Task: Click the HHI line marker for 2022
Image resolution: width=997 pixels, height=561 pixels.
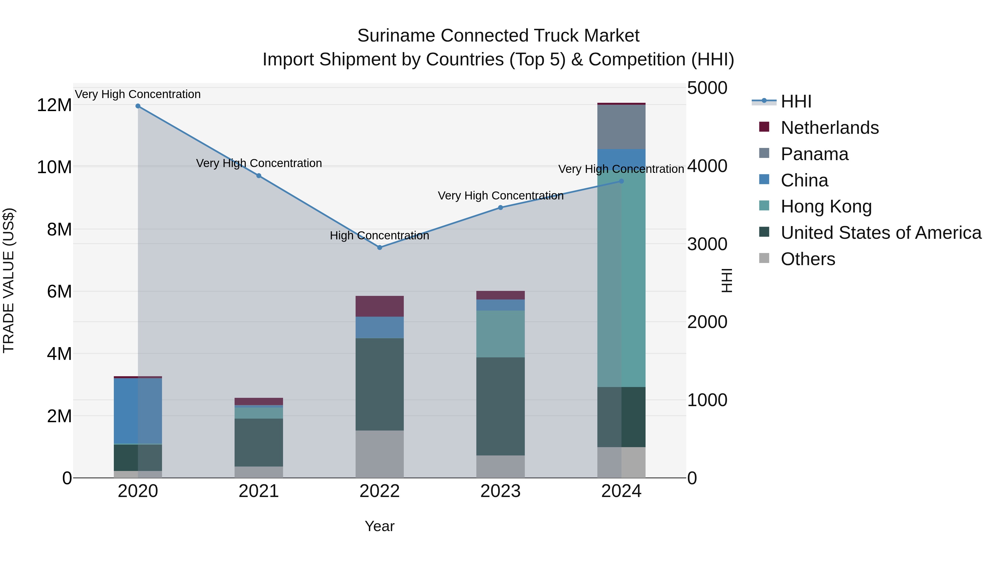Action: coord(379,247)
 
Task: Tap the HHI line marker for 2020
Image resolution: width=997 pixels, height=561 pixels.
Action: coord(138,106)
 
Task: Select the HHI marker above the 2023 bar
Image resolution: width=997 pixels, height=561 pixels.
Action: coord(500,208)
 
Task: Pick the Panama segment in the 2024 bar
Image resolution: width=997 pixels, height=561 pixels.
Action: coord(621,127)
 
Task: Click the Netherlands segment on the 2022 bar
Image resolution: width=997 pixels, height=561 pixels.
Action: coord(379,306)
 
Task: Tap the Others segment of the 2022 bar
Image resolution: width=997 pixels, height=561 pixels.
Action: coord(379,454)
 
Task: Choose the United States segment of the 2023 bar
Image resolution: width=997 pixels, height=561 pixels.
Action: coord(500,406)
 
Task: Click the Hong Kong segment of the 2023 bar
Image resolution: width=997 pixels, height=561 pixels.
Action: coord(500,334)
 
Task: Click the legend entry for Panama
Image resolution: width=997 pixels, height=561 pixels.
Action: coord(814,154)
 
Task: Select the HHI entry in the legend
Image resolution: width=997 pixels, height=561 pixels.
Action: coord(795,101)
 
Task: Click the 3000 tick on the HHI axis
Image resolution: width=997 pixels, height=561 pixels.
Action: coord(707,244)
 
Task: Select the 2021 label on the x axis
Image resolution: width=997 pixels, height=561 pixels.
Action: coord(259,491)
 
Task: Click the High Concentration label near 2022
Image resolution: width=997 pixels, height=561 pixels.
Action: coord(379,235)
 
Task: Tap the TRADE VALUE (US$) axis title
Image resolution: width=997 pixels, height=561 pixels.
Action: coord(9,280)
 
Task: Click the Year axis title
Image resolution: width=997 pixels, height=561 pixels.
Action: coord(379,526)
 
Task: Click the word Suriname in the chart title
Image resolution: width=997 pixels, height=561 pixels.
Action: coord(396,36)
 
